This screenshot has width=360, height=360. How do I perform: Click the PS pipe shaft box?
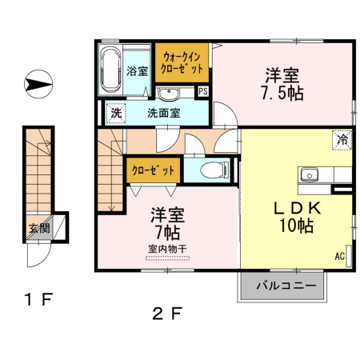[203, 91]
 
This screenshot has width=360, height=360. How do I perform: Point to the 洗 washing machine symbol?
[115, 113]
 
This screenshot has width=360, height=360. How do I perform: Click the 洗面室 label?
[163, 113]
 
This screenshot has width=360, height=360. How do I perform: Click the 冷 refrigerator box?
[342, 139]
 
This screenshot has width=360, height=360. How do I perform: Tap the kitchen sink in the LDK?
[309, 175]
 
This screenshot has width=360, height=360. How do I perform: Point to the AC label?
[340, 257]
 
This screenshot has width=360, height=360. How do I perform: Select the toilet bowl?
[212, 169]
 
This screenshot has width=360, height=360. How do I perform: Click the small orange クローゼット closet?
[153, 170]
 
